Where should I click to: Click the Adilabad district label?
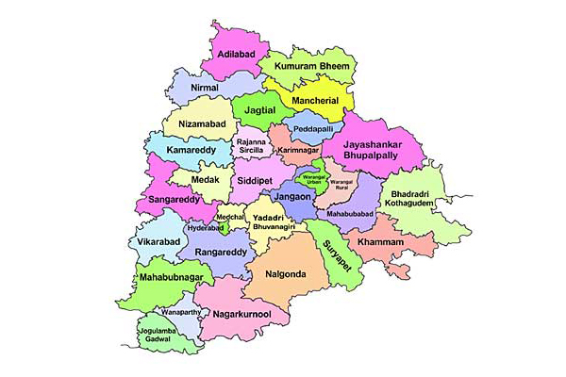(237, 55)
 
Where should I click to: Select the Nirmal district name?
(204, 88)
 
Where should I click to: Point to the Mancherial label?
(314, 98)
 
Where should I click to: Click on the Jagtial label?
(259, 110)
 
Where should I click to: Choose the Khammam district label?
(380, 243)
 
